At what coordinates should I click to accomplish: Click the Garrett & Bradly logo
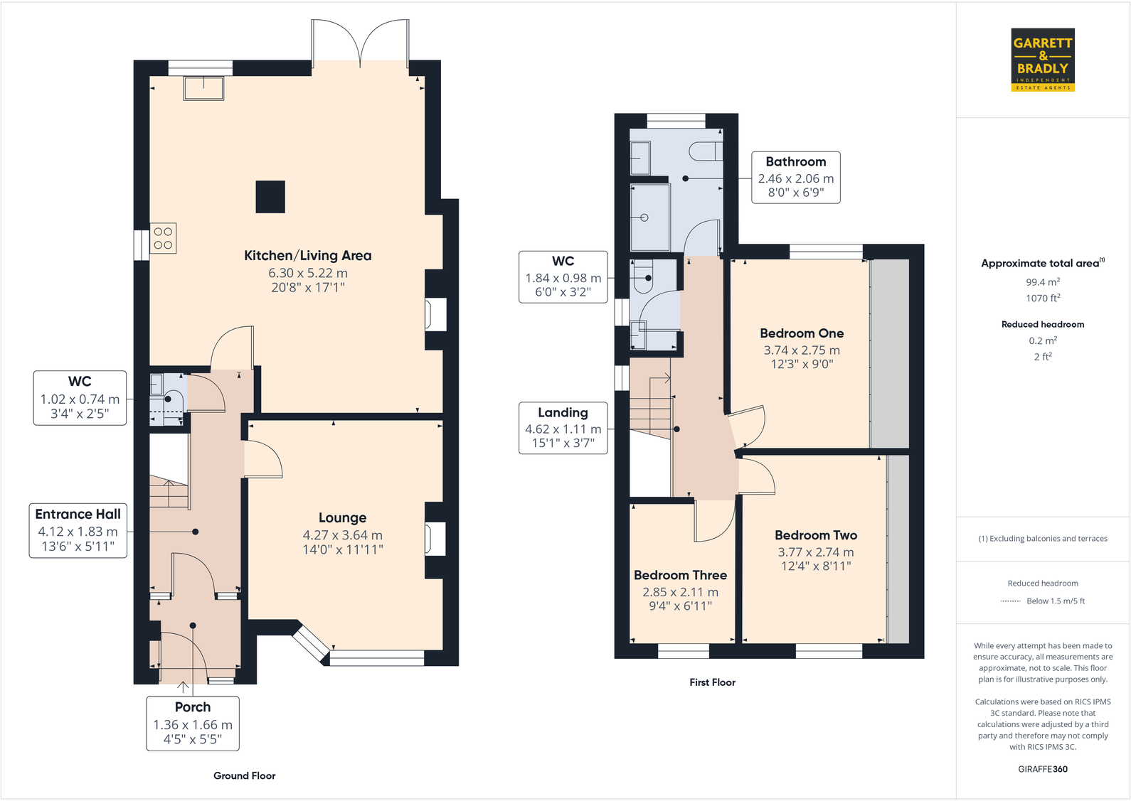1042,60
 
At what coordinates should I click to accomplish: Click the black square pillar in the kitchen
270,197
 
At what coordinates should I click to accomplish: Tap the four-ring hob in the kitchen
163,238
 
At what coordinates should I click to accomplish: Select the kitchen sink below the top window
203,88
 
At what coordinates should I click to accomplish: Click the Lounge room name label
342,518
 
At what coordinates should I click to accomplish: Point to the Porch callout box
193,723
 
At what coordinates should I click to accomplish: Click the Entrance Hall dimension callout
78,531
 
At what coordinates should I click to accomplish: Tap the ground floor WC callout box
80,398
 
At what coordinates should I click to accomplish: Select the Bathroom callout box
795,178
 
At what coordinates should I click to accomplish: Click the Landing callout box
563,428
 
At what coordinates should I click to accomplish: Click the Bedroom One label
802,333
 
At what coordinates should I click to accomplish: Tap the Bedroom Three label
680,575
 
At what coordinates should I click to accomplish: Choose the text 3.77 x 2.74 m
815,552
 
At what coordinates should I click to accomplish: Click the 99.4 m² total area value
1042,282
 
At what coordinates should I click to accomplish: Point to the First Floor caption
712,682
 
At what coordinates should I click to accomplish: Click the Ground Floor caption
244,775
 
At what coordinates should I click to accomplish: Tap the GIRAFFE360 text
1042,769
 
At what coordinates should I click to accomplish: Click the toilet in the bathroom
707,151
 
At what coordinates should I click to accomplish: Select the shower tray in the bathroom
650,217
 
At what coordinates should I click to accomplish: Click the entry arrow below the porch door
184,687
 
